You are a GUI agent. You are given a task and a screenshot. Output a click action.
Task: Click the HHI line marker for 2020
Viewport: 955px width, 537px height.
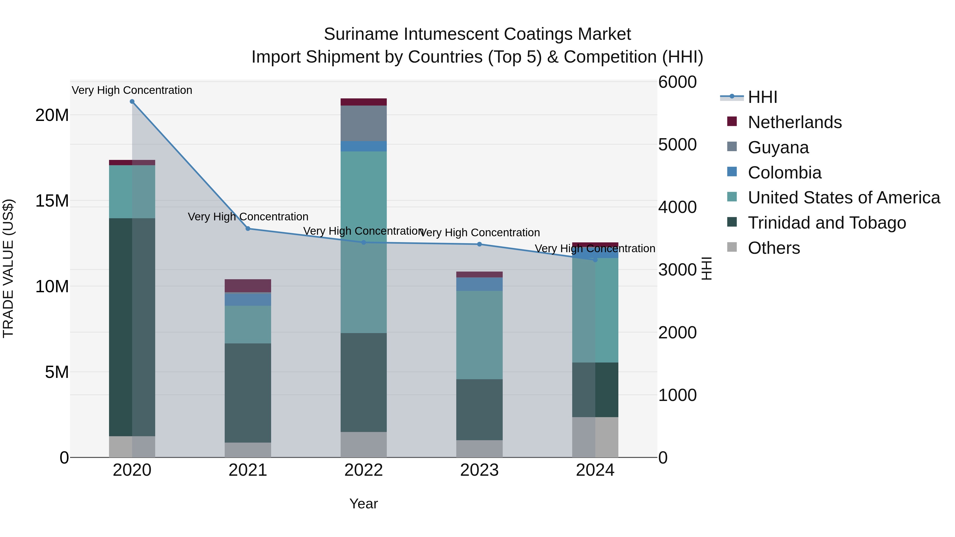click(132, 102)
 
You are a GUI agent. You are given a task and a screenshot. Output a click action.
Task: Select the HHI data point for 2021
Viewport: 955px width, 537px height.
click(248, 229)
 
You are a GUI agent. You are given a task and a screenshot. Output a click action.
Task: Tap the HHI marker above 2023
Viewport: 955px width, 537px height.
click(479, 244)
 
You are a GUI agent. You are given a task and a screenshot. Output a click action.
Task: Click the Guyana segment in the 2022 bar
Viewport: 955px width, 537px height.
click(363, 123)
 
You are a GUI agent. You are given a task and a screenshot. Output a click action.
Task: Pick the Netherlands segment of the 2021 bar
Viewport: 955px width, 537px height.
click(248, 285)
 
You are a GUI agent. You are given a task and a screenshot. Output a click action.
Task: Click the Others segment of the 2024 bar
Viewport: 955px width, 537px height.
click(595, 437)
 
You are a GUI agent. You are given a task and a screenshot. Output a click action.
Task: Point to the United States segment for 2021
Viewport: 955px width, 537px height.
click(248, 324)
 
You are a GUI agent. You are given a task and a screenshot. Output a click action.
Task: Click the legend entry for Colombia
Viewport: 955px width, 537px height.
click(784, 173)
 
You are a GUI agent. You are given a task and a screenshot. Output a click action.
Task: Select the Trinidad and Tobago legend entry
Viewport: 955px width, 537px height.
click(827, 223)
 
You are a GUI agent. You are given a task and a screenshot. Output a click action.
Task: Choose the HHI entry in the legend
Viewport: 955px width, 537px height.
click(762, 97)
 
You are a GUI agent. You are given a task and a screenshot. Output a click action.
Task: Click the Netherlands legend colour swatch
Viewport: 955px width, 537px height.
click(732, 121)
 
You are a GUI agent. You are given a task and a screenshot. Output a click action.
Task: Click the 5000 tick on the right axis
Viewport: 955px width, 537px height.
click(677, 145)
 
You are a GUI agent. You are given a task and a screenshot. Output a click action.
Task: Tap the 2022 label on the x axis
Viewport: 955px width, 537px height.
click(363, 470)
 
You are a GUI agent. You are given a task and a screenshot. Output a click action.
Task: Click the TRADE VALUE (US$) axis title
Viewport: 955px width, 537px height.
click(8, 268)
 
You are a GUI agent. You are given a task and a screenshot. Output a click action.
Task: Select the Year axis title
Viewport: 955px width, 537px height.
click(363, 504)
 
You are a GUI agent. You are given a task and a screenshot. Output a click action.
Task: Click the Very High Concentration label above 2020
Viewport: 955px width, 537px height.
click(132, 90)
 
